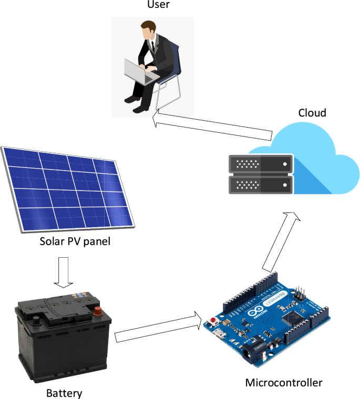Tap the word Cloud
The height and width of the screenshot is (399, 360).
[312, 113]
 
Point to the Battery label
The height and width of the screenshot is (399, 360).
[64, 393]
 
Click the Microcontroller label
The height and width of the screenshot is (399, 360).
[284, 382]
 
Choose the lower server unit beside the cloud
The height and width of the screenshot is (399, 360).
[260, 185]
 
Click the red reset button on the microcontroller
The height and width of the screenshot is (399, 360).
[213, 320]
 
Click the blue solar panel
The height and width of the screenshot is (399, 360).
[68, 189]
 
